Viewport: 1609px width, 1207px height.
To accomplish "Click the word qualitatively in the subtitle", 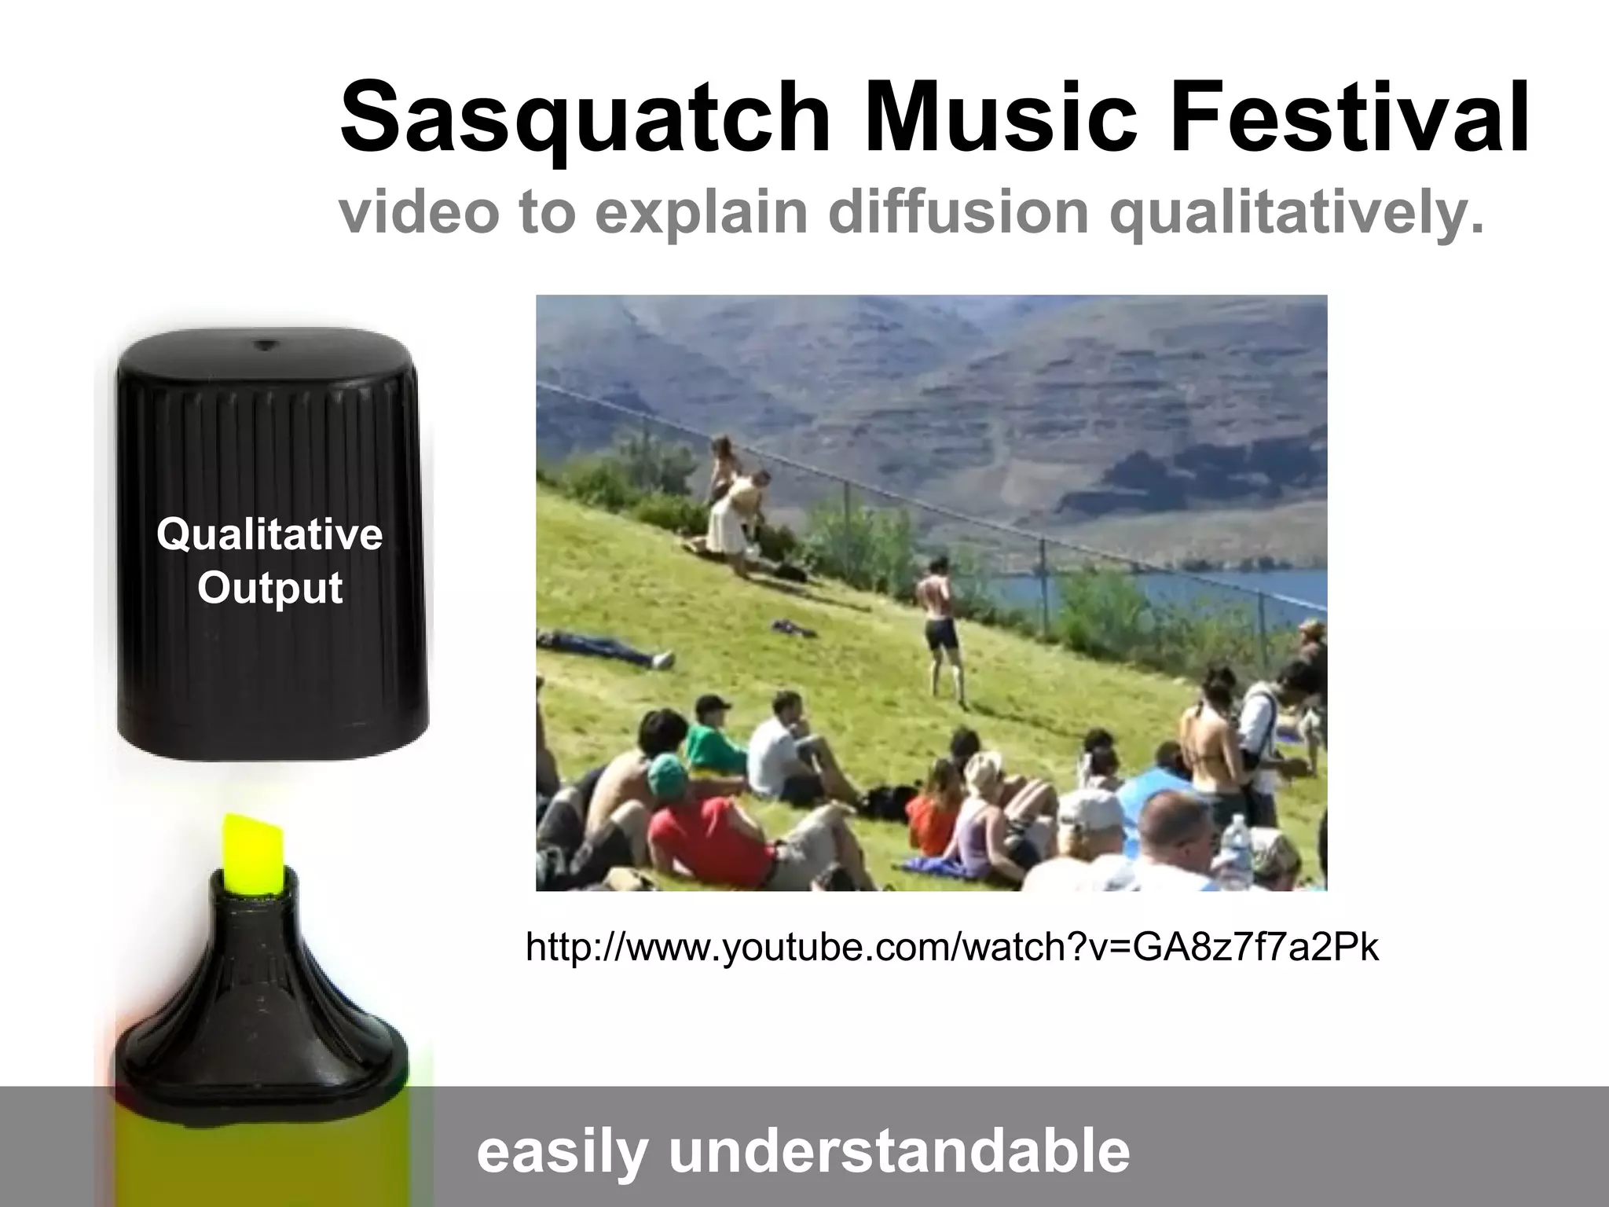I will (1300, 212).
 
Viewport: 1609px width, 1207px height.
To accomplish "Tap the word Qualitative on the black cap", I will (269, 535).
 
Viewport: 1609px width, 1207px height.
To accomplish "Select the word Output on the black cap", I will (269, 587).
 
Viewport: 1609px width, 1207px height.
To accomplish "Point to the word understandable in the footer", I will (899, 1152).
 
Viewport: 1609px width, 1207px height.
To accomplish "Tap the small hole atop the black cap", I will (265, 344).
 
